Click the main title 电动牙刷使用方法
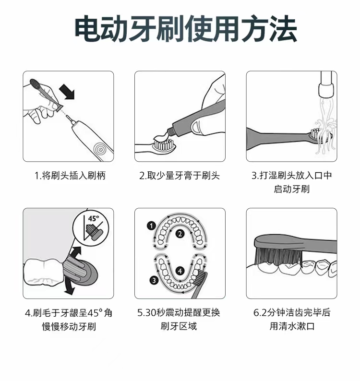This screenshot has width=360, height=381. [185, 29]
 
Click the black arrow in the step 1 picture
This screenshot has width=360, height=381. [67, 92]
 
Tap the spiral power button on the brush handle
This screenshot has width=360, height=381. [100, 149]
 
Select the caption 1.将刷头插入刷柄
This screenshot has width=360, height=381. [70, 175]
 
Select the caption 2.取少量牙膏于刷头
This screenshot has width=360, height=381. [180, 175]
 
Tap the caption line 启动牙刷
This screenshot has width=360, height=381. [292, 189]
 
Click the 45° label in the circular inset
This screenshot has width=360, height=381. [93, 218]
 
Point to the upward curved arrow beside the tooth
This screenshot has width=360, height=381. [76, 254]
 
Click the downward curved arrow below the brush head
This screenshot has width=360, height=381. [70, 287]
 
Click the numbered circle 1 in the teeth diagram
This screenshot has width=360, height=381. [151, 226]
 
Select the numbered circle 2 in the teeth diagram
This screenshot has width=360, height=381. [180, 234]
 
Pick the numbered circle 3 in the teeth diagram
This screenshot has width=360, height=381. [154, 280]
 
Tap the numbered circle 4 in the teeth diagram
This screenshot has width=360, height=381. [180, 271]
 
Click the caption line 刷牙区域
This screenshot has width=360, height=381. [179, 326]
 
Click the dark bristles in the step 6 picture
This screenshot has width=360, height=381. [278, 256]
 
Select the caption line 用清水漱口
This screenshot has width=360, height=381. [292, 326]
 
